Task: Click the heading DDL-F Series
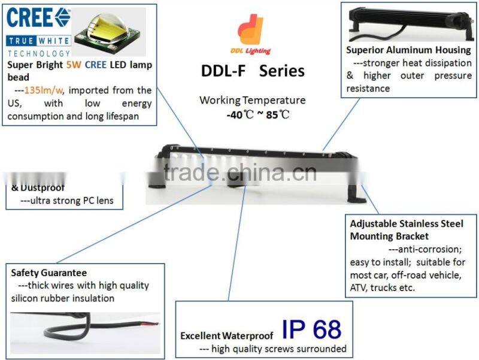pyautogui.click(x=253, y=71)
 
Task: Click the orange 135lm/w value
pyautogui.click(x=44, y=90)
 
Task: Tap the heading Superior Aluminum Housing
pyautogui.click(x=409, y=49)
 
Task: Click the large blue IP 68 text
pyautogui.click(x=312, y=329)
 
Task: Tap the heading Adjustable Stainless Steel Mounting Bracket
pyautogui.click(x=407, y=230)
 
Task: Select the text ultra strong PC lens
pyautogui.click(x=66, y=201)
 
